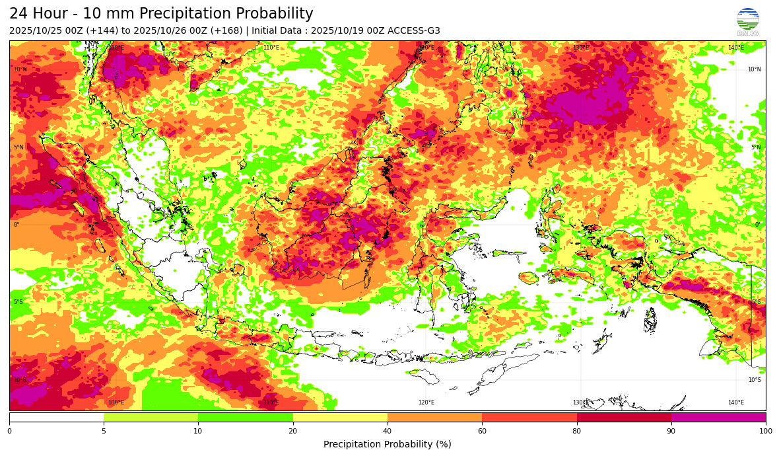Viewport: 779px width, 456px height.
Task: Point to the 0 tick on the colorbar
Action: click(9, 432)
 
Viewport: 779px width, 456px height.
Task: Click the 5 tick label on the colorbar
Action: click(104, 432)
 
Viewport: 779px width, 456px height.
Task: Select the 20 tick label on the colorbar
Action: click(293, 432)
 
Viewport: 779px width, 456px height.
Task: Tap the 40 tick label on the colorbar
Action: click(388, 432)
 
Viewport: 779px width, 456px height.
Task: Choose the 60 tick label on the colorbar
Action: click(482, 432)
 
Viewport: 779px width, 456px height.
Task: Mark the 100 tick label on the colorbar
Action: click(766, 432)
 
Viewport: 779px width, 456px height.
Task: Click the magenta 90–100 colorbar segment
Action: click(718, 418)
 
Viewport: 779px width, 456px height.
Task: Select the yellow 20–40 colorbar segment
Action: click(340, 418)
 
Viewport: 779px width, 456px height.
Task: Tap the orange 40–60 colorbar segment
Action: click(434, 418)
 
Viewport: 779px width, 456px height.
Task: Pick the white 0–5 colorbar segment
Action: click(56, 418)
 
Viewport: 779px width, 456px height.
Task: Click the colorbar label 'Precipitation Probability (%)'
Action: click(388, 445)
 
